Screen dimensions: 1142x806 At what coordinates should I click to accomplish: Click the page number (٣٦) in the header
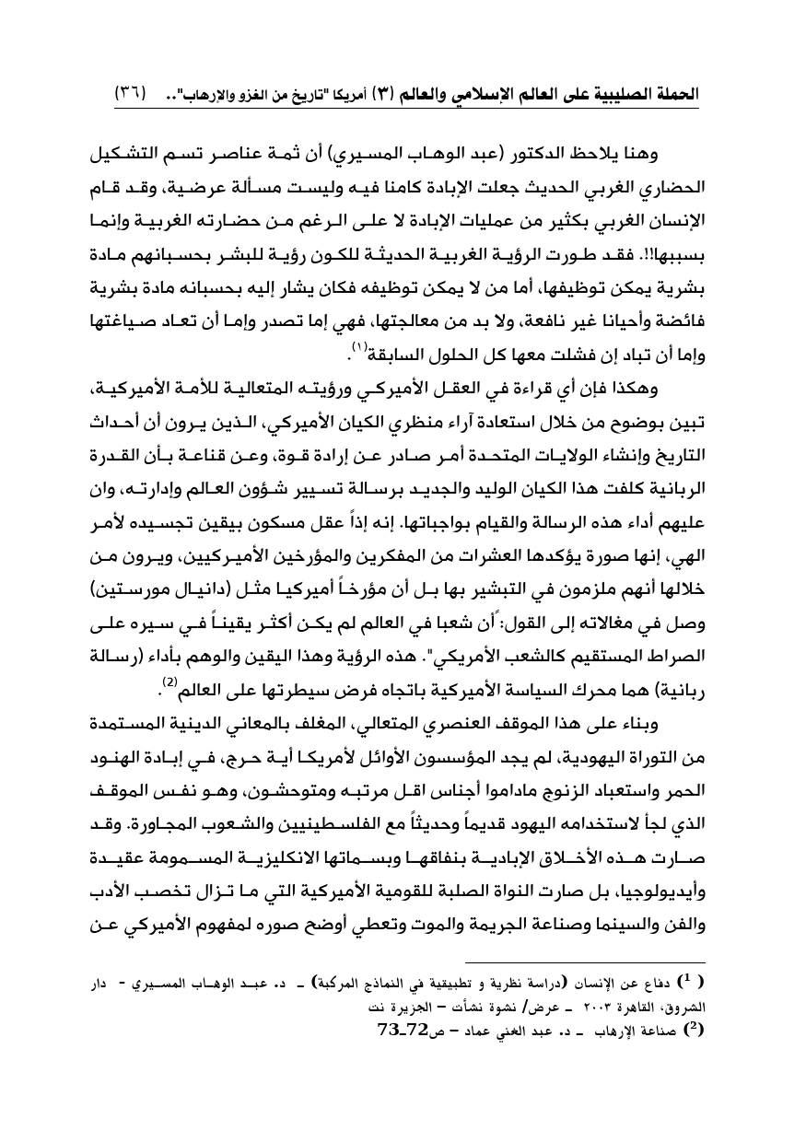[132, 94]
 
